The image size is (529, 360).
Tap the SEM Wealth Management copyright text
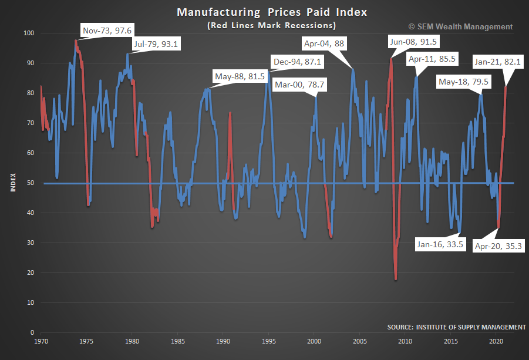tap(460, 26)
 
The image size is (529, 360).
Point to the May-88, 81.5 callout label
tap(241, 76)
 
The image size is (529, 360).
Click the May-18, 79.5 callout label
tap(463, 82)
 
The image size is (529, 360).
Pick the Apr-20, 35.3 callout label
tap(497, 246)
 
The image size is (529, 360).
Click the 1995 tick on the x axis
tap(269, 341)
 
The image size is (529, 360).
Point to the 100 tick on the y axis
tap(28, 33)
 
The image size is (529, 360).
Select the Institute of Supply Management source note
tap(456, 327)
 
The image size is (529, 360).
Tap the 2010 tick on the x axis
tap(405, 341)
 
